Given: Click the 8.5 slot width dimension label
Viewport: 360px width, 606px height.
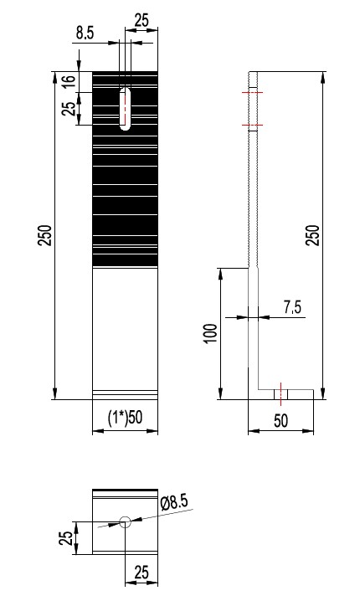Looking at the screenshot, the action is coord(85,33).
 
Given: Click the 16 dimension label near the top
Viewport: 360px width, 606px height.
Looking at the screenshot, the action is coord(68,81).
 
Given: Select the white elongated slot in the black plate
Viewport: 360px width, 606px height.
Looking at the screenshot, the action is coord(125,109).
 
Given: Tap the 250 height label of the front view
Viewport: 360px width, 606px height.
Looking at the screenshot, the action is coord(45,235).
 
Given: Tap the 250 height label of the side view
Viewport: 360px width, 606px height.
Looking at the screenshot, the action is coord(313,235).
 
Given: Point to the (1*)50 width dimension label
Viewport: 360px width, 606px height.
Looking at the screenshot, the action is coord(125,418).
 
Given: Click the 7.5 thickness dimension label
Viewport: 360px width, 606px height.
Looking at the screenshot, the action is coord(292,307).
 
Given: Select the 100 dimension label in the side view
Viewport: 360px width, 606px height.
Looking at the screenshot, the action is coord(211,333).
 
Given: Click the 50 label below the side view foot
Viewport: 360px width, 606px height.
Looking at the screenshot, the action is coord(281,421).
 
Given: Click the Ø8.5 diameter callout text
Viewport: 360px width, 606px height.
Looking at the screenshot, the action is coord(173,503).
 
